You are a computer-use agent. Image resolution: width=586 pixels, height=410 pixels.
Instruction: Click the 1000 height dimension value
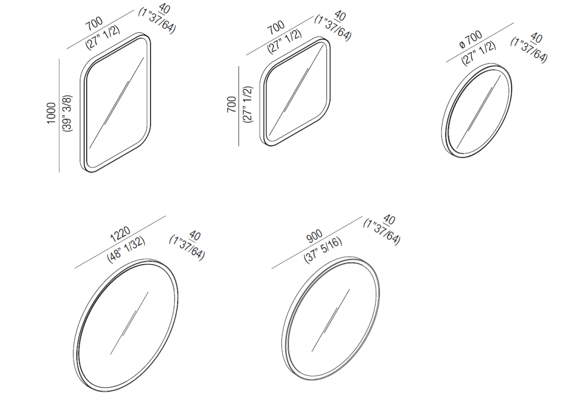[51, 113]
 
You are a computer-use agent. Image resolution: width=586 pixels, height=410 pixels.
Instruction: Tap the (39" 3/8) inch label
[67, 113]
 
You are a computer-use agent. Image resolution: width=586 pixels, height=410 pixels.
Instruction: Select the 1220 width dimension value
[120, 234]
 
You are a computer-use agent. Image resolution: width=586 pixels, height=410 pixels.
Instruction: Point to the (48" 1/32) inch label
[127, 250]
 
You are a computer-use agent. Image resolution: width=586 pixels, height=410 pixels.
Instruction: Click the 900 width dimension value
[315, 236]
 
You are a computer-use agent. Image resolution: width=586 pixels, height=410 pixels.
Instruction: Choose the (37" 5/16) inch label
[323, 250]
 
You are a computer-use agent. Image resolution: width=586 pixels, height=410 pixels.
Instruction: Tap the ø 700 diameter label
[471, 40]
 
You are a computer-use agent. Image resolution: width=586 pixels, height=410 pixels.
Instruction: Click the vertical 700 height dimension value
[231, 105]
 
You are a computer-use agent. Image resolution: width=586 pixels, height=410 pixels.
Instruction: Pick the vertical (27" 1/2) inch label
[248, 105]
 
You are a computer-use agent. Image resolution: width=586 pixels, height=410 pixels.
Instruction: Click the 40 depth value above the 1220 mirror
[195, 235]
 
